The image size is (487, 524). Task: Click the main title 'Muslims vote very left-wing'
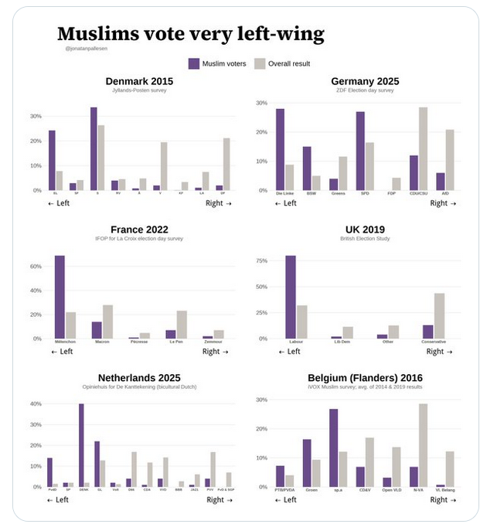click(190, 34)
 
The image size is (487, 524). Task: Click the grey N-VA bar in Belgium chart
click(423, 445)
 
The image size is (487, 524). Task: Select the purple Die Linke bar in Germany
click(280, 149)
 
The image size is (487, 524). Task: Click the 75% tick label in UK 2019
click(261, 262)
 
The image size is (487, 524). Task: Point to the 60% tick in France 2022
click(36, 266)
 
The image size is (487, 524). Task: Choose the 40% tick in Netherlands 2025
click(36, 404)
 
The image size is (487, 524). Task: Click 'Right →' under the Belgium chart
click(444, 500)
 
